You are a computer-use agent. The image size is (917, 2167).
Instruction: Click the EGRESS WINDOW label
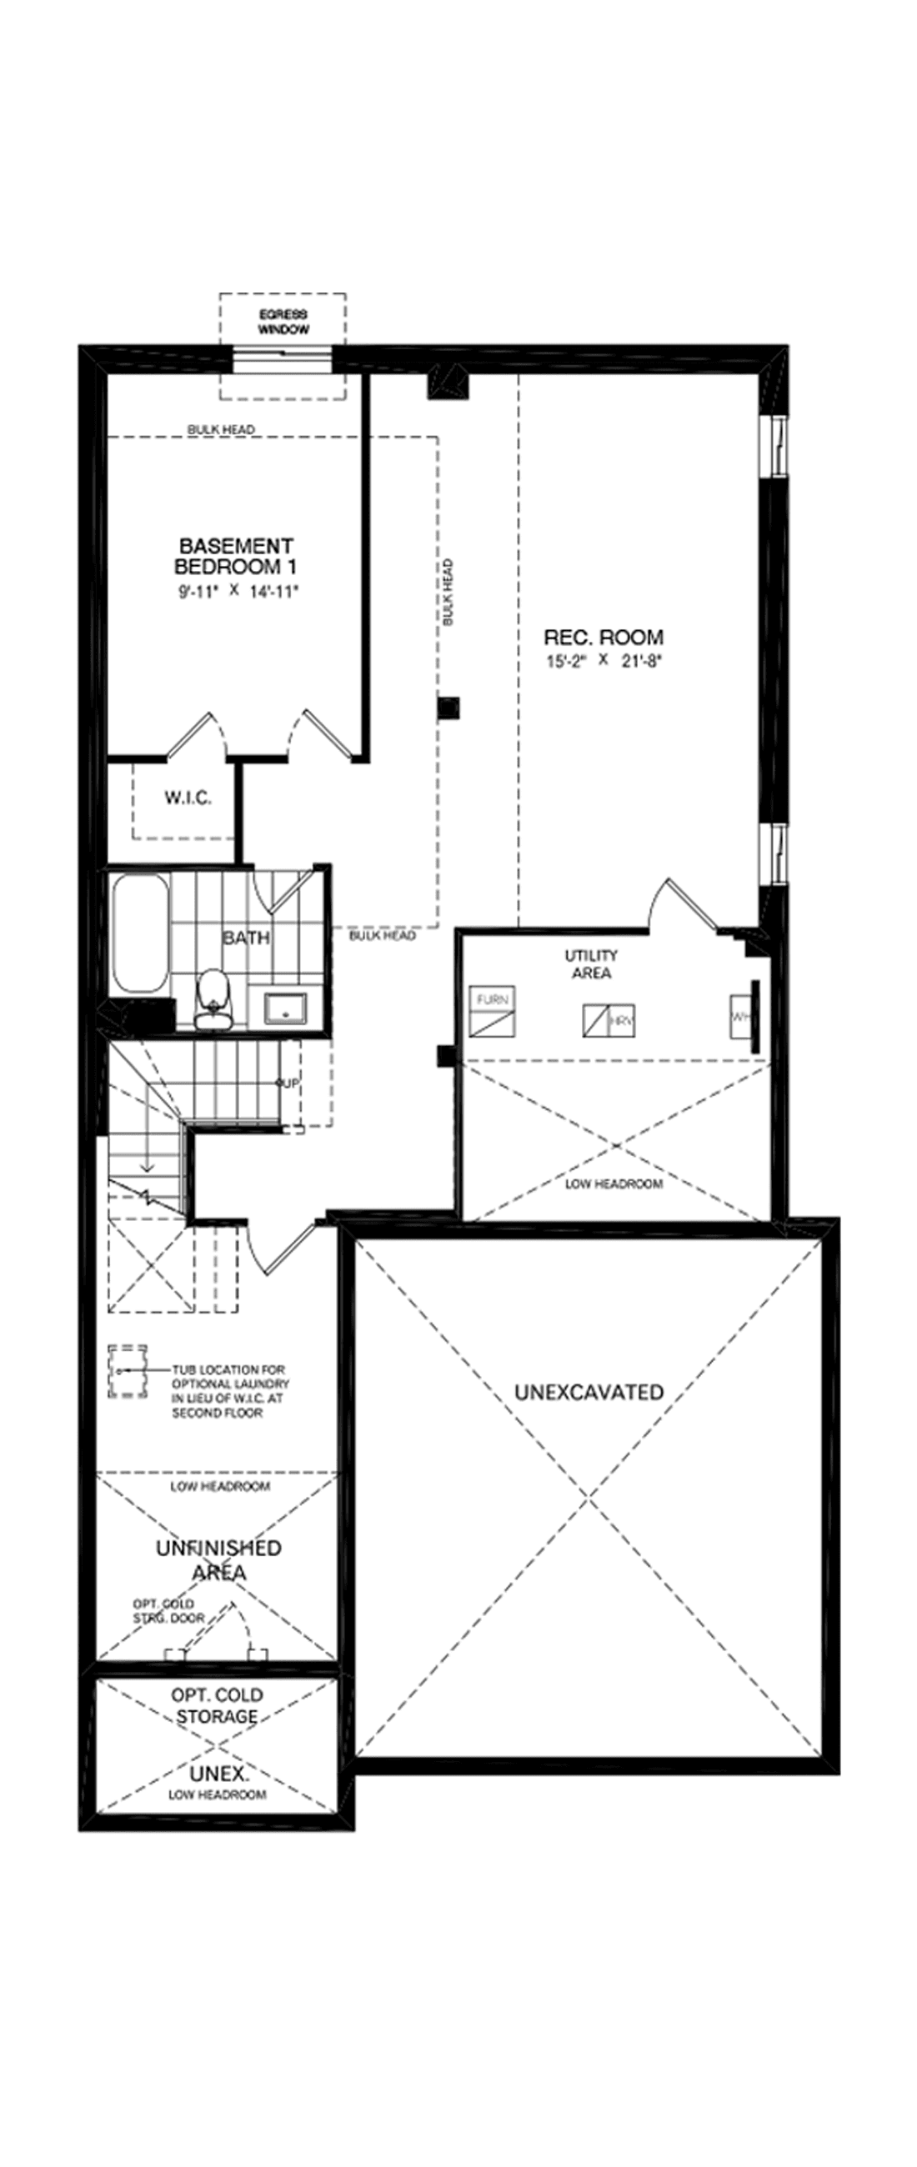pos(283,323)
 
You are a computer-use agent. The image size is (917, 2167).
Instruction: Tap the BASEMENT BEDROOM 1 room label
pos(235,556)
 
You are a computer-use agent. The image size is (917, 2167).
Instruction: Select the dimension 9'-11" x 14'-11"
pos(238,592)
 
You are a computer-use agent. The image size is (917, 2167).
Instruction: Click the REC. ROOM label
pos(604,637)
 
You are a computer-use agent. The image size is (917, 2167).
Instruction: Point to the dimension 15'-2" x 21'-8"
pos(604,660)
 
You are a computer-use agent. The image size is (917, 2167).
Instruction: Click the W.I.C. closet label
pos(188,798)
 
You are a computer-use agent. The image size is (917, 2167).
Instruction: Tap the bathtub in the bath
pos(140,933)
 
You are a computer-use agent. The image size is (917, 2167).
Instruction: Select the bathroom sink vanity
pos(286,1008)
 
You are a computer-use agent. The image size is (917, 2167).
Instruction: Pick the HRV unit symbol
pos(609,1020)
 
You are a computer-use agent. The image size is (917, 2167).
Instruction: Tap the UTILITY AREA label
pos(591,964)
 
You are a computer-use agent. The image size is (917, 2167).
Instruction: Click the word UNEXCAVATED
pos(589,1392)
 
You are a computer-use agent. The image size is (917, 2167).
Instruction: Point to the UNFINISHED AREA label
pos(218,1559)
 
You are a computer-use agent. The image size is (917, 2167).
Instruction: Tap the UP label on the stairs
pos(288,1083)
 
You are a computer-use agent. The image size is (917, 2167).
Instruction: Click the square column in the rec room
pos(449,708)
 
